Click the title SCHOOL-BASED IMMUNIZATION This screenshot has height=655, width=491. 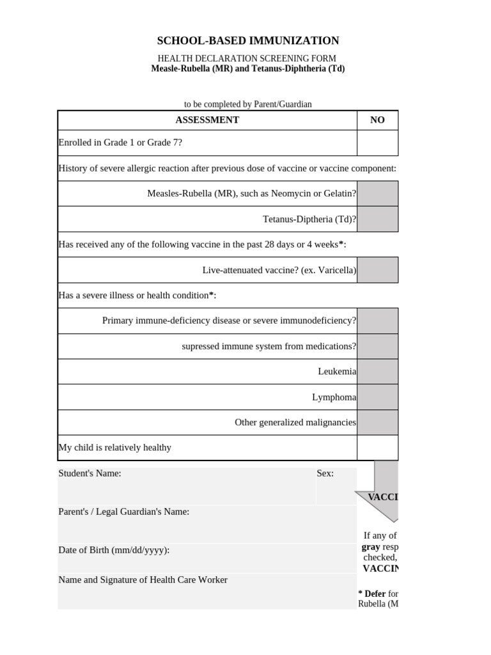coord(248,41)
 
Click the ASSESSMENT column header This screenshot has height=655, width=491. coord(207,120)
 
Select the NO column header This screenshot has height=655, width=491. coord(377,120)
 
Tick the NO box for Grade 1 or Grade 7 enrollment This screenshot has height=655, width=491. coord(377,143)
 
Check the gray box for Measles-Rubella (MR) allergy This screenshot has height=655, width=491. coord(377,193)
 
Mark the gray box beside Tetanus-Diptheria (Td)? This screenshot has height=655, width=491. coord(377,219)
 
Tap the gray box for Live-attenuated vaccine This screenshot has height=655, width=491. coord(377,270)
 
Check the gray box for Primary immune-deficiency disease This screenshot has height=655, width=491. coord(377,320)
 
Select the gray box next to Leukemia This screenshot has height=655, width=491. coord(377,371)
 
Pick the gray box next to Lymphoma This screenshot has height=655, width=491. coord(377,397)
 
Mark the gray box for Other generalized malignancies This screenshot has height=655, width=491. coord(377,422)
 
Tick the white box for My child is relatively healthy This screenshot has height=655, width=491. coord(377,448)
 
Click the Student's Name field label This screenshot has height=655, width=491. coord(90,473)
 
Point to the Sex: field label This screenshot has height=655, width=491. coord(325,473)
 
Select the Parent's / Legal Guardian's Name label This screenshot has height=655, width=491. coord(123,512)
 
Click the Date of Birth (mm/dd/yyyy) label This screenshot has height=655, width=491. coord(114,550)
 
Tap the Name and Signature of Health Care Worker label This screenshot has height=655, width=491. coord(143,580)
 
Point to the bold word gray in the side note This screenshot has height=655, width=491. coord(371,547)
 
